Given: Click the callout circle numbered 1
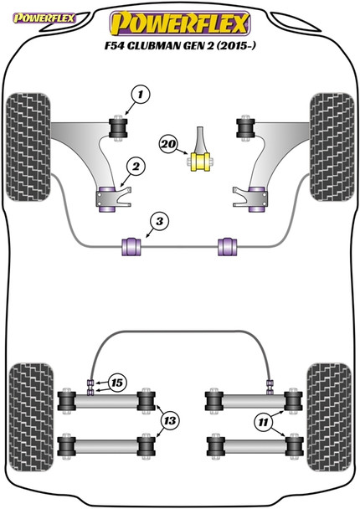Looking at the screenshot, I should click(137, 95).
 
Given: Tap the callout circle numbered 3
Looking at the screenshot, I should click(157, 221).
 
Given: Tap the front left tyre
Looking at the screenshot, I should click(26, 131).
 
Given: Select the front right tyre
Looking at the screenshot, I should click(332, 131).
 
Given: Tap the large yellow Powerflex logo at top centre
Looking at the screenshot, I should click(180, 19).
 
